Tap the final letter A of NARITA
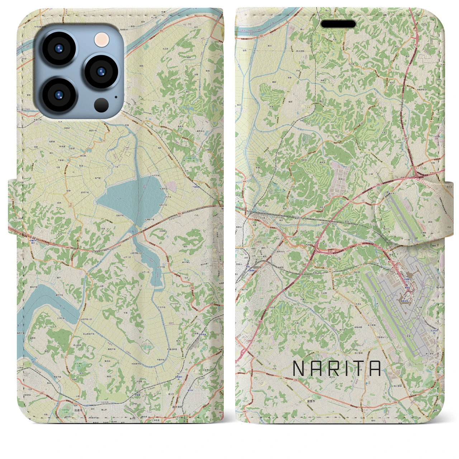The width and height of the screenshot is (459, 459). pos(375,368)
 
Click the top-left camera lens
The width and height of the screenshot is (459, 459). pos(58,49)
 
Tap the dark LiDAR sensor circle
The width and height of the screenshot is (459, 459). pos(102,105)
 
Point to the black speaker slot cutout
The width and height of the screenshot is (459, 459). pos(338,24)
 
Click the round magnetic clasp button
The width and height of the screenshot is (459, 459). pos(401,212)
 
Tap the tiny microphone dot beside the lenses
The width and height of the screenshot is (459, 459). pos(115,97)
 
